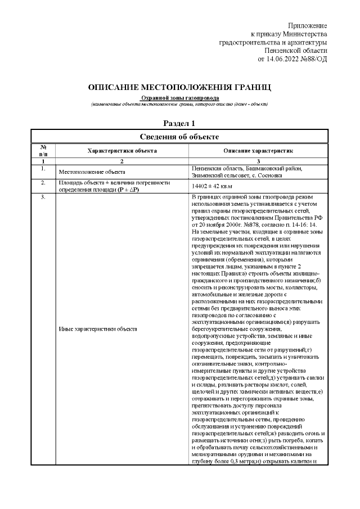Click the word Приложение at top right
pos(307,26)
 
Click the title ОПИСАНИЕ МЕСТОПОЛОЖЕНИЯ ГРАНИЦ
pos(179,88)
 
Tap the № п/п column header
pos(43,150)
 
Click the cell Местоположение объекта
pos(92,172)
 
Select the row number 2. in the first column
pos(43,182)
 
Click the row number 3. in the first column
pos(43,196)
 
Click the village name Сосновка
pos(270,175)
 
